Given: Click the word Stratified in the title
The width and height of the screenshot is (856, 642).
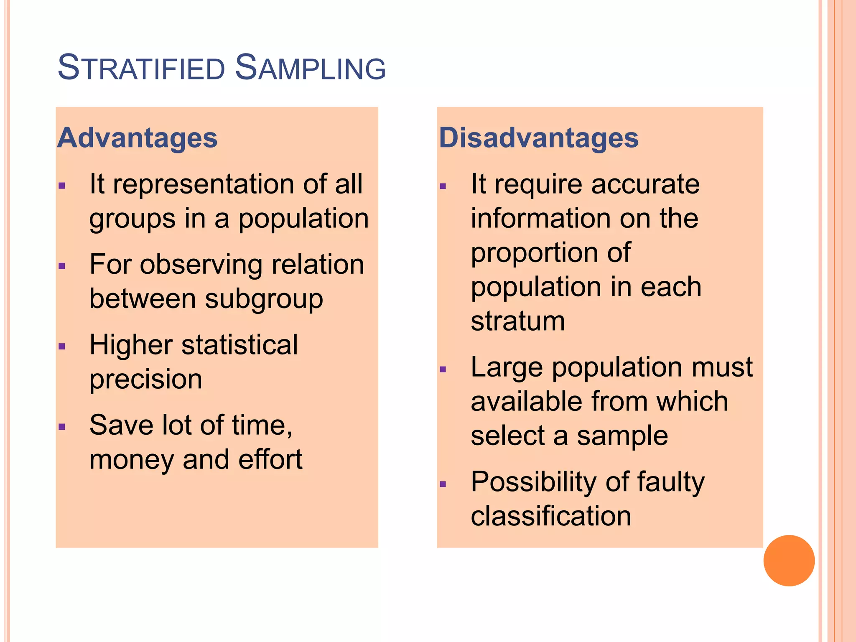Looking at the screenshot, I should [x=141, y=68].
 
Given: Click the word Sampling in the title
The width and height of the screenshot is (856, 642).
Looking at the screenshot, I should [x=310, y=68].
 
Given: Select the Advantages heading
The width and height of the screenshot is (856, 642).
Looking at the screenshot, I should [x=138, y=138].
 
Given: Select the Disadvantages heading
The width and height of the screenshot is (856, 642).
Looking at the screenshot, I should [x=539, y=138].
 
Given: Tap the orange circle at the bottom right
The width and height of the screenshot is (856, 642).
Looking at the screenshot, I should [x=789, y=560].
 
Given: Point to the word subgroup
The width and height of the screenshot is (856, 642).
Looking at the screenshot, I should [x=264, y=299].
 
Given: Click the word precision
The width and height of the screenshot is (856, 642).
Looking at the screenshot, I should [x=146, y=380].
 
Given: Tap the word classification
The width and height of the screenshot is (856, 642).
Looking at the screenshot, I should [x=551, y=516].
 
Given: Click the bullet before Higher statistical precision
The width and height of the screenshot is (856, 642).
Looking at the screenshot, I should [x=62, y=346].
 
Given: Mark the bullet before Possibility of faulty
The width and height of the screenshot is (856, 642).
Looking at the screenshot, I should [x=443, y=484].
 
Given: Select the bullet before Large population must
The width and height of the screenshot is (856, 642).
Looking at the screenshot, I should [x=443, y=369].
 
